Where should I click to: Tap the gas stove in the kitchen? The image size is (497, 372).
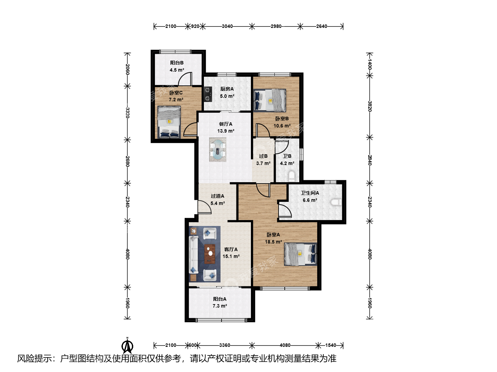(208, 94)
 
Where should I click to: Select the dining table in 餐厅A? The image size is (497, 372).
(217, 149)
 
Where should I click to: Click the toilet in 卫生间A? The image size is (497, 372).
(336, 202)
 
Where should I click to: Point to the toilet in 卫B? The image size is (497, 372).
(292, 176)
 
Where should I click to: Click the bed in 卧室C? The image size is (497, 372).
(169, 122)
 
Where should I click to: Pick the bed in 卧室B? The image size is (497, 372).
(270, 100)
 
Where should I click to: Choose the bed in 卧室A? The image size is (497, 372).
(301, 254)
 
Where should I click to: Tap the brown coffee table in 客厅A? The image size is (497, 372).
(210, 254)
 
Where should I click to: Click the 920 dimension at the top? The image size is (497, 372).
(195, 26)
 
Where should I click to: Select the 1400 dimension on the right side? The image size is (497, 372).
(369, 64)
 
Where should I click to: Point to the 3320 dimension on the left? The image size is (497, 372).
(127, 113)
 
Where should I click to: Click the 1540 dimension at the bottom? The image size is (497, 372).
(331, 345)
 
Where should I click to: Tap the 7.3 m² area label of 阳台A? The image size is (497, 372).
(220, 306)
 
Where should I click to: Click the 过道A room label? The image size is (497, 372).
(217, 196)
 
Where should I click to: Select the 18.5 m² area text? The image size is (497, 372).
(273, 242)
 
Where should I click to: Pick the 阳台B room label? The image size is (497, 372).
(177, 63)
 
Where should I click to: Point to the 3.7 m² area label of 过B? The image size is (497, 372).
(263, 163)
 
